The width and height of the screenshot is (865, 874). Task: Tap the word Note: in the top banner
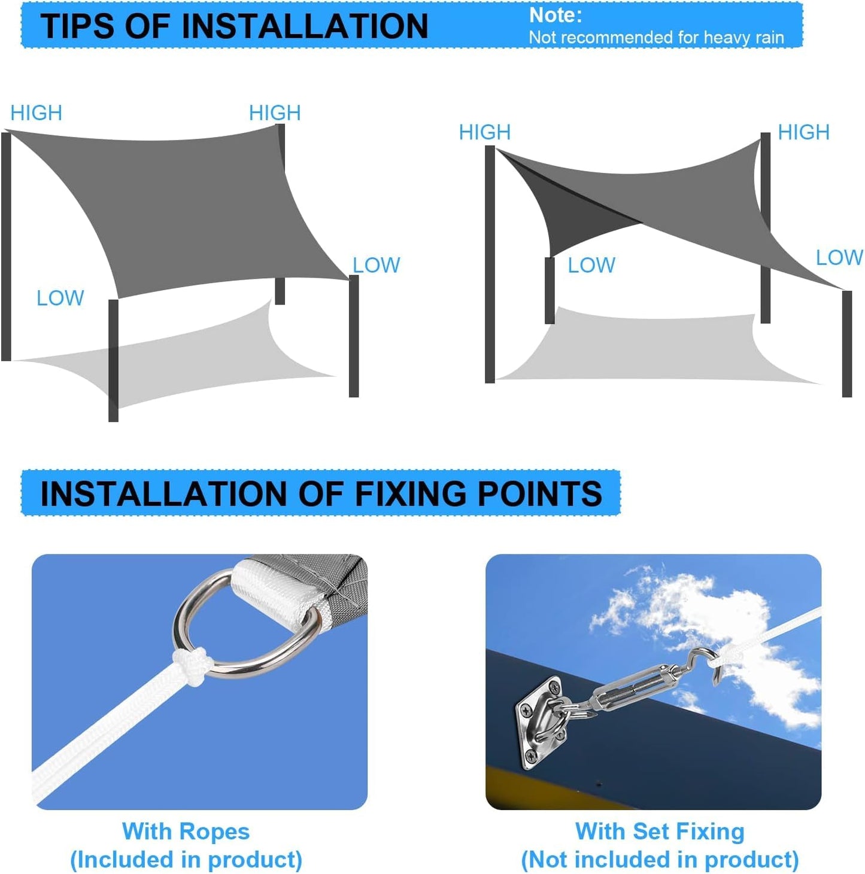(555, 15)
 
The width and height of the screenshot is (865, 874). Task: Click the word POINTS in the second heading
(539, 494)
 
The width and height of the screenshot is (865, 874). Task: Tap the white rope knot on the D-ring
(190, 663)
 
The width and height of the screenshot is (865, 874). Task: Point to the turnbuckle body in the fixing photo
(629, 688)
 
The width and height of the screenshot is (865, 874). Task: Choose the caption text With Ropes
(186, 832)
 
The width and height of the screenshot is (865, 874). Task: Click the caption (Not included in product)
(660, 860)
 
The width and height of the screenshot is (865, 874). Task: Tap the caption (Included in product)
(186, 860)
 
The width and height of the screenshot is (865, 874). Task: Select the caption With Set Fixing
(660, 832)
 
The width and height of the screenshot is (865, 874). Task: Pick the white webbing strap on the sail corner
(275, 592)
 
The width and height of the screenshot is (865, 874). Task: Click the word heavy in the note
(726, 38)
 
